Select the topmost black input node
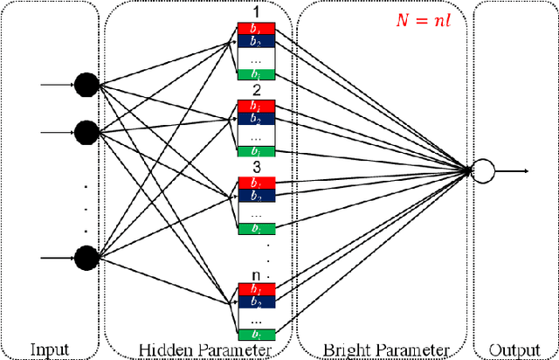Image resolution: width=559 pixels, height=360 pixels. [x=86, y=85]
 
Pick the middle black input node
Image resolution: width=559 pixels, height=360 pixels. [x=86, y=133]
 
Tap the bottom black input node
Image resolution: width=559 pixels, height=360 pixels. [x=86, y=258]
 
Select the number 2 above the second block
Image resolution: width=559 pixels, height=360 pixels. [x=257, y=91]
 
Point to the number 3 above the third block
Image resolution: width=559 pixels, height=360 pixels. [x=257, y=167]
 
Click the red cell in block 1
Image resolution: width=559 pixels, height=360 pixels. [x=257, y=28]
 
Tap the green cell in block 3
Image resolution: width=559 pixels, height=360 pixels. [x=257, y=229]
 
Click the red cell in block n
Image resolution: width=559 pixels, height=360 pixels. [x=257, y=288]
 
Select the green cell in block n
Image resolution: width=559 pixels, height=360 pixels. [x=257, y=334]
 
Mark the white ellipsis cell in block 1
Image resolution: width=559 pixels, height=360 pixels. [x=257, y=59]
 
